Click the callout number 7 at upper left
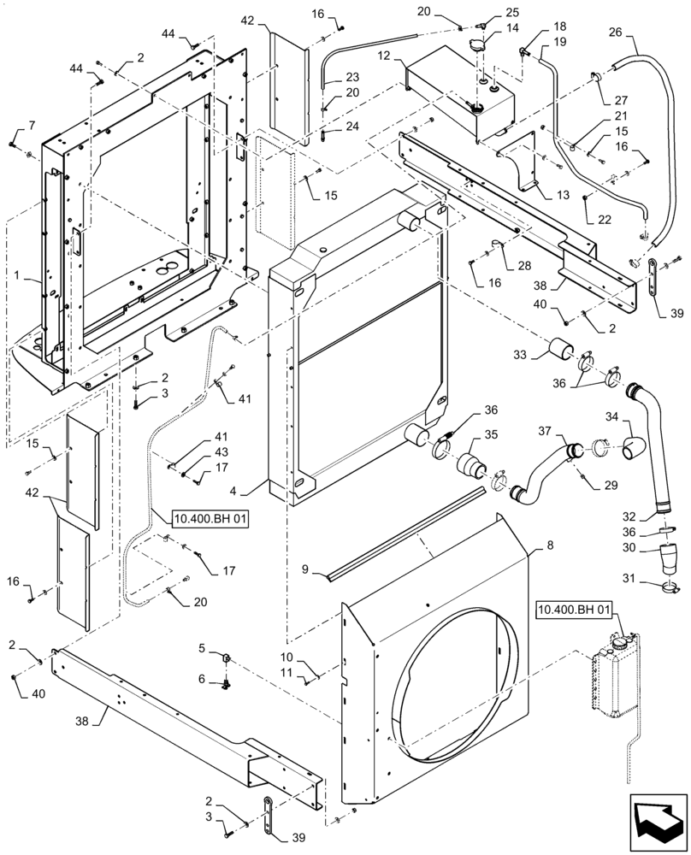[x=32, y=127]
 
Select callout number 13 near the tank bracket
[x=562, y=195]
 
